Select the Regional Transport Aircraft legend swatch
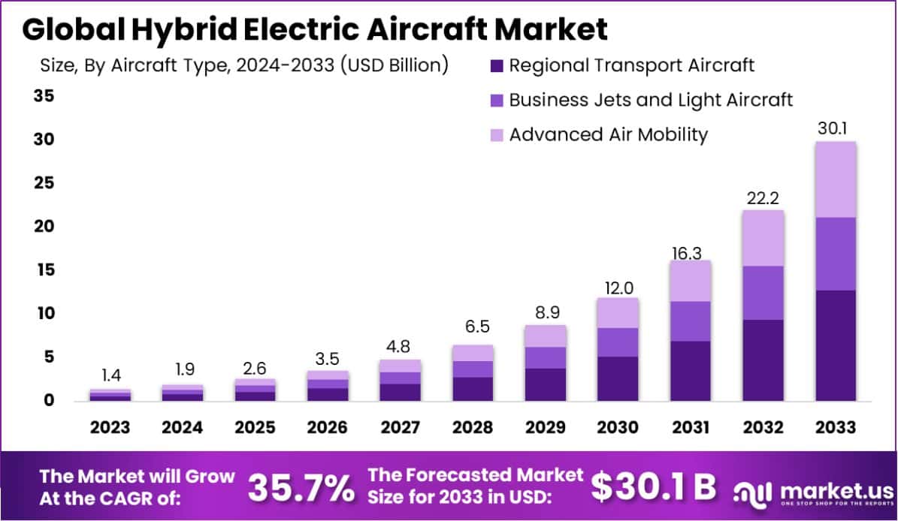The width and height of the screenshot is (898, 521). [x=496, y=65]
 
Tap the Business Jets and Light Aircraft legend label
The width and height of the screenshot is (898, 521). [x=651, y=100]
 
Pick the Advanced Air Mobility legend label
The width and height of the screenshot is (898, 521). [x=609, y=134]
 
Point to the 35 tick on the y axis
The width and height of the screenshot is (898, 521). [x=43, y=95]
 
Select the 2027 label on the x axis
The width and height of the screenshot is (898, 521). [x=400, y=427]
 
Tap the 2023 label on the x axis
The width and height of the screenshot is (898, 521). [x=110, y=427]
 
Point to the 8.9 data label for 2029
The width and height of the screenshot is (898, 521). [x=546, y=312]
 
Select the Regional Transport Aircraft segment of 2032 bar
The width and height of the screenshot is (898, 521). [x=763, y=360]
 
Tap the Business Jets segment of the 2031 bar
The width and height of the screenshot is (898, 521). [x=691, y=321]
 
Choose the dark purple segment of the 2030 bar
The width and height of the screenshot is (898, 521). [x=618, y=378]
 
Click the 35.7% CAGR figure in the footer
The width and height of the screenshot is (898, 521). [x=301, y=488]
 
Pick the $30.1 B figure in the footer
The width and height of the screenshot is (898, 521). [x=652, y=487]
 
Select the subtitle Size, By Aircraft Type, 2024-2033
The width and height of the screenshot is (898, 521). [x=243, y=65]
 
